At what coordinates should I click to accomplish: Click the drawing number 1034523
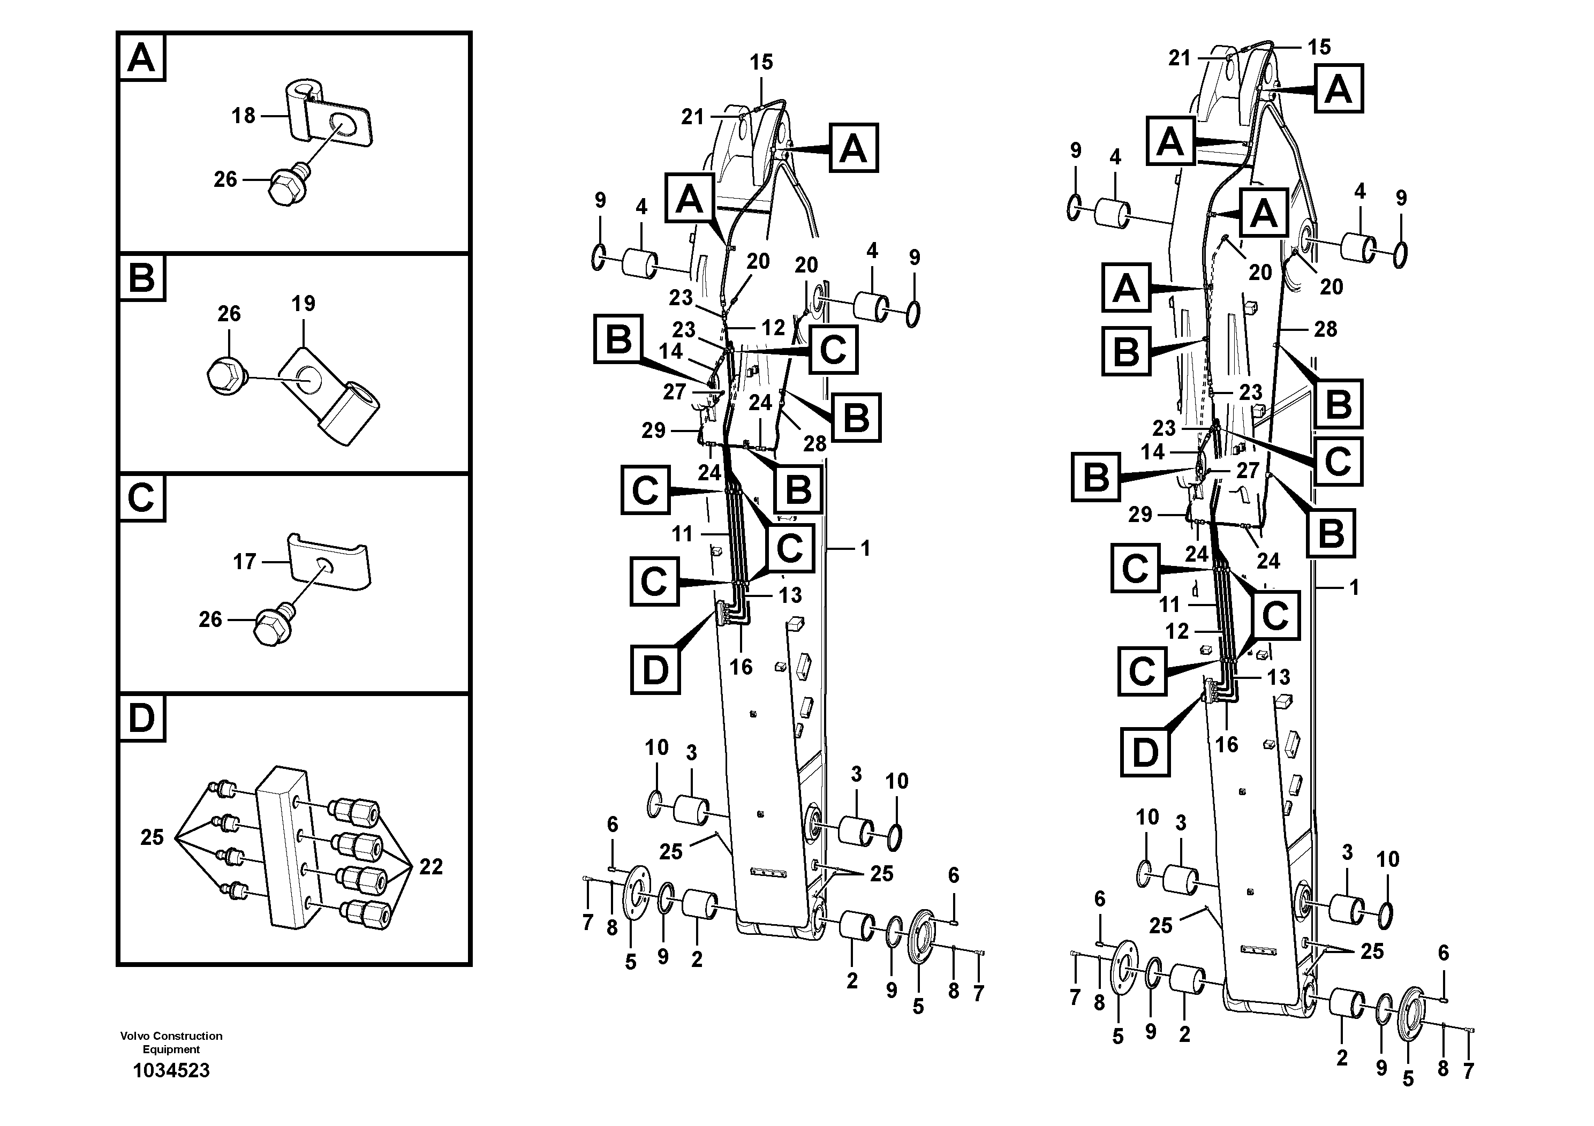click(171, 1070)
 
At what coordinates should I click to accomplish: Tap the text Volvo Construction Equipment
click(171, 1042)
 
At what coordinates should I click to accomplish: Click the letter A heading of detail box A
click(142, 58)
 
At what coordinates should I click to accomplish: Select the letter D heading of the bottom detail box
click(142, 719)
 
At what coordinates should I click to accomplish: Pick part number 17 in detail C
click(244, 561)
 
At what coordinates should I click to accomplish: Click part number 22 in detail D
click(430, 866)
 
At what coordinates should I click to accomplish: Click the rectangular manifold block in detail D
click(281, 845)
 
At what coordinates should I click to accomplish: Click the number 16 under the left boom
click(741, 667)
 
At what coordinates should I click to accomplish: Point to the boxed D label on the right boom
click(1145, 751)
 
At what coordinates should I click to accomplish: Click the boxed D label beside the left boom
click(655, 669)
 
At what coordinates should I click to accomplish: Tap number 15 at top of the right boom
click(1319, 47)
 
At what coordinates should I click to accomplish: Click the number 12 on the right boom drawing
click(1177, 631)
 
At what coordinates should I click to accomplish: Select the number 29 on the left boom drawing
click(653, 430)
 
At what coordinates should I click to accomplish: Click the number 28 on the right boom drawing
click(1325, 329)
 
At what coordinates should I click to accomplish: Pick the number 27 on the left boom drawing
click(674, 392)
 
